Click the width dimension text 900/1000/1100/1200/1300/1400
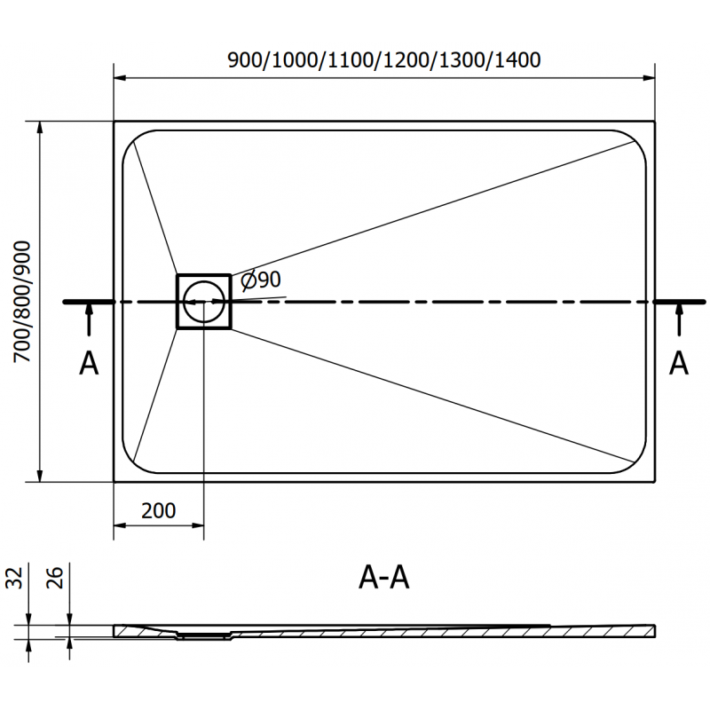click(384, 60)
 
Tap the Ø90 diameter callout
click(262, 280)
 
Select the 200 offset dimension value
click(158, 510)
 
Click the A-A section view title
click(384, 578)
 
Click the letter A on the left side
click(89, 363)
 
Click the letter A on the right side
click(679, 363)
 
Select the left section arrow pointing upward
click(89, 320)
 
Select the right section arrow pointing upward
click(679, 320)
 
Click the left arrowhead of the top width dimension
click(121, 77)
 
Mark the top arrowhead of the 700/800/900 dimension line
click(40, 127)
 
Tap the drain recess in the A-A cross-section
click(204, 635)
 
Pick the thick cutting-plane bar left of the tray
click(89, 303)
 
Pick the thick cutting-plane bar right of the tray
click(678, 303)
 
